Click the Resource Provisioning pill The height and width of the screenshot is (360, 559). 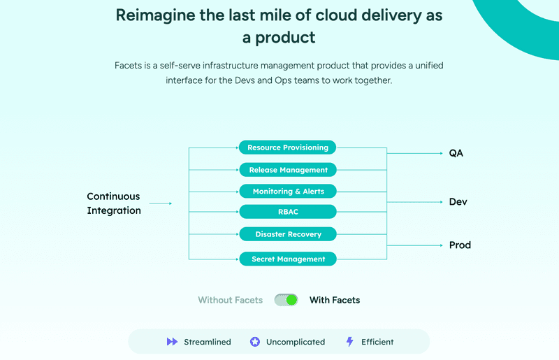coord(288,147)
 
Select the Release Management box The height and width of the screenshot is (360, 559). coord(288,170)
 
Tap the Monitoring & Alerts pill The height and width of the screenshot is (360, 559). coord(288,192)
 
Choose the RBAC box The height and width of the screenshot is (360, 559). coord(288,211)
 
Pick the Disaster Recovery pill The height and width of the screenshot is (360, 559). coord(288,234)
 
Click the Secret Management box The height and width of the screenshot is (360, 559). coord(288,259)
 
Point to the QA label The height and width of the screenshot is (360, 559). coord(456,153)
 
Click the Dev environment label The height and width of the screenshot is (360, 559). coord(458,202)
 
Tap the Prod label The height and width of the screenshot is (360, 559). coord(460,245)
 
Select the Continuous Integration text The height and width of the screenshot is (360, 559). coord(113,203)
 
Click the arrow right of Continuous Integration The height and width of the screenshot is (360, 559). coord(161,203)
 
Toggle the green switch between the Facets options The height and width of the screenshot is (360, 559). coord(286,300)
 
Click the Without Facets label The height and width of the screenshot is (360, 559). coord(230,300)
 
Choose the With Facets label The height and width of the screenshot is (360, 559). coord(335,300)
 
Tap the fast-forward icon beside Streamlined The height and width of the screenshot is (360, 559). coord(172,342)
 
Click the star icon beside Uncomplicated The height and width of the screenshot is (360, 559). coord(255,342)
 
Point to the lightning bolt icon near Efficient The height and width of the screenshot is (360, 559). coord(350,342)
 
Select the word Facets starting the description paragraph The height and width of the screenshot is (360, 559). coord(129,65)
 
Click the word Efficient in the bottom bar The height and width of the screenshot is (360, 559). coord(377,342)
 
